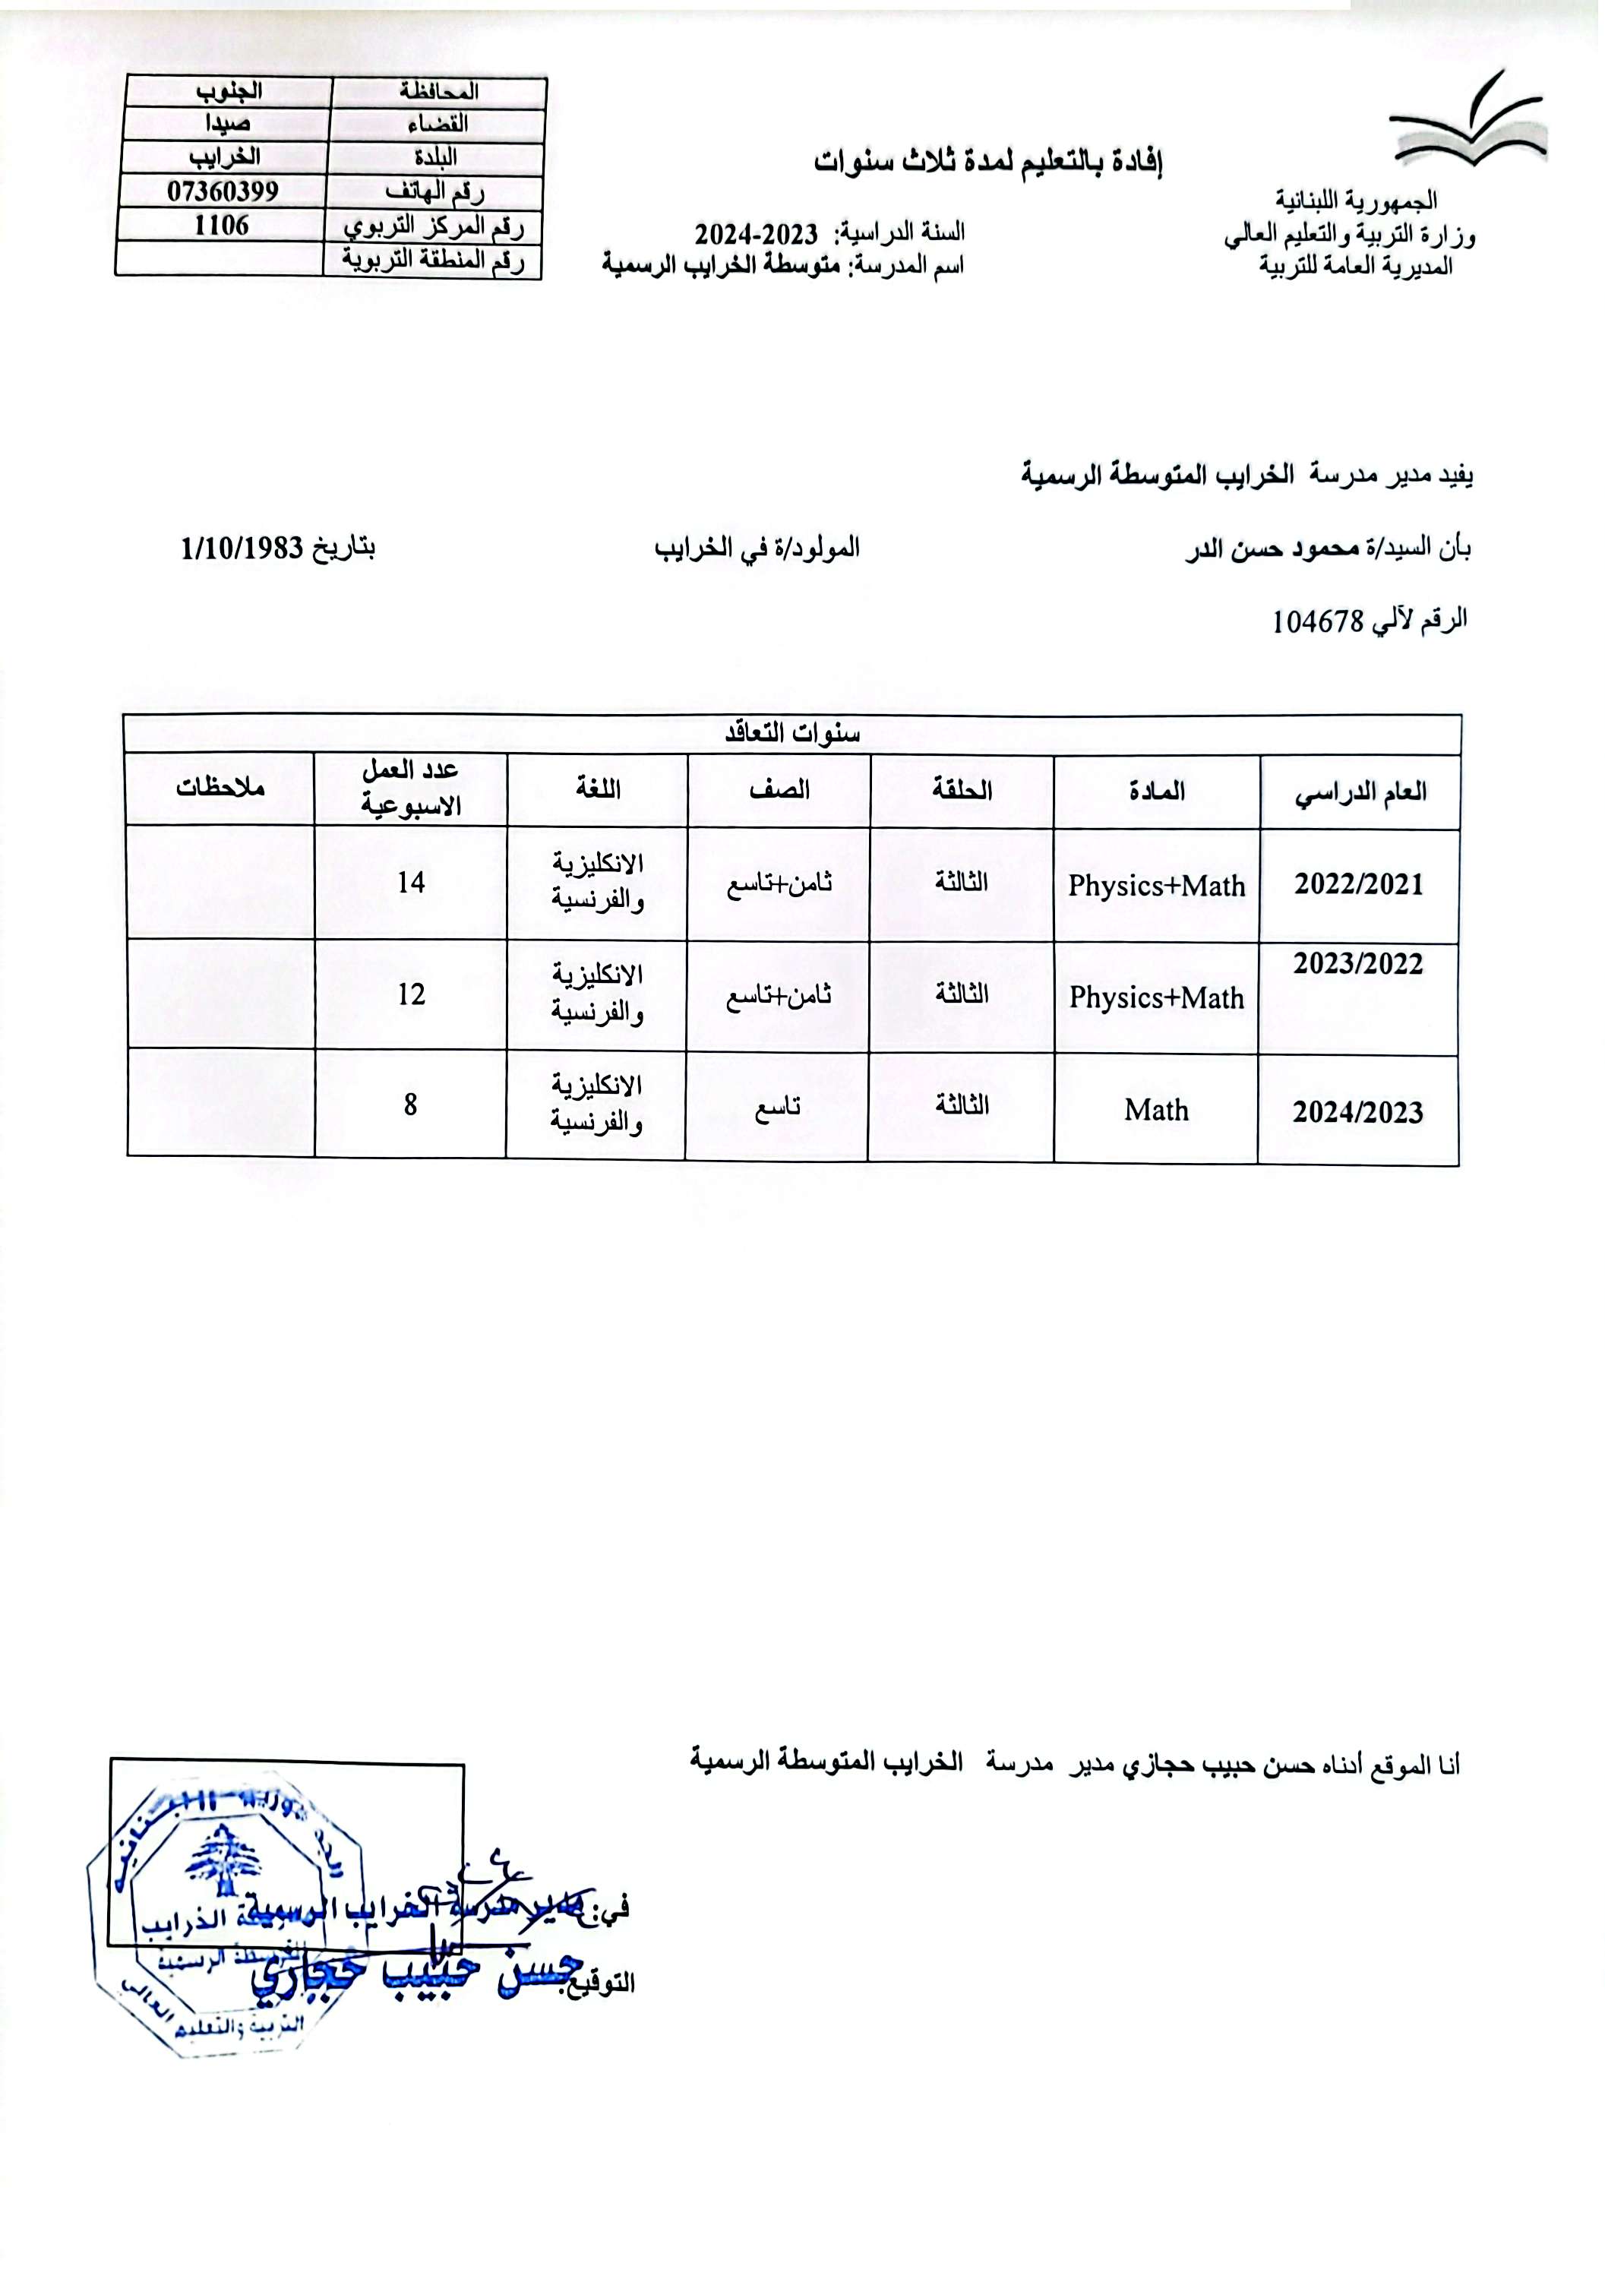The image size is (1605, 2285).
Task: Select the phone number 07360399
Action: click(x=222, y=191)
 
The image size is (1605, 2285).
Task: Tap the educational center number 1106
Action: click(x=221, y=226)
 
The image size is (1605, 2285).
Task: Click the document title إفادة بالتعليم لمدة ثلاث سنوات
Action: click(x=988, y=160)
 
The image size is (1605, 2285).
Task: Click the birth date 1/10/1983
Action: click(x=242, y=548)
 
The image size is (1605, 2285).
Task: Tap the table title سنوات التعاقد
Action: click(x=792, y=735)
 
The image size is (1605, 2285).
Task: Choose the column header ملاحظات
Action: click(x=220, y=789)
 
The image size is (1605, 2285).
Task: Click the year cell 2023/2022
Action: click(x=1358, y=963)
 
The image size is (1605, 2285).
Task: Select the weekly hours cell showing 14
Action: click(x=410, y=883)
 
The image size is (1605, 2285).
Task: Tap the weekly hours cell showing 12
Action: click(x=410, y=994)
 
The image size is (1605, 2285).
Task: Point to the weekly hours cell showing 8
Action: click(x=410, y=1105)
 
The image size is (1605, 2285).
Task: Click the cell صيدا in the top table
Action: click(x=228, y=123)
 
